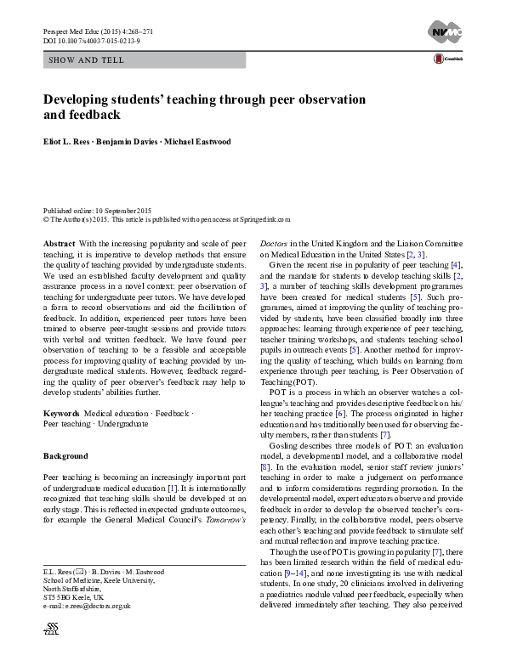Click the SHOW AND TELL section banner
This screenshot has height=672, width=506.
[x=88, y=60]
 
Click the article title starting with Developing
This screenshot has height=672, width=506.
[x=204, y=106]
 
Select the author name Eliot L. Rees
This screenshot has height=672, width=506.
[x=71, y=142]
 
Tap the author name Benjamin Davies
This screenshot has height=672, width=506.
[x=139, y=142]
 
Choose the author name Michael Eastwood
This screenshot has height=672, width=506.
[x=207, y=142]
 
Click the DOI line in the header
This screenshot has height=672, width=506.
[x=88, y=40]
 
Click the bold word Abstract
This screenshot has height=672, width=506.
[x=58, y=243]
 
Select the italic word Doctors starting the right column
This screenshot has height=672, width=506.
[x=273, y=243]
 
